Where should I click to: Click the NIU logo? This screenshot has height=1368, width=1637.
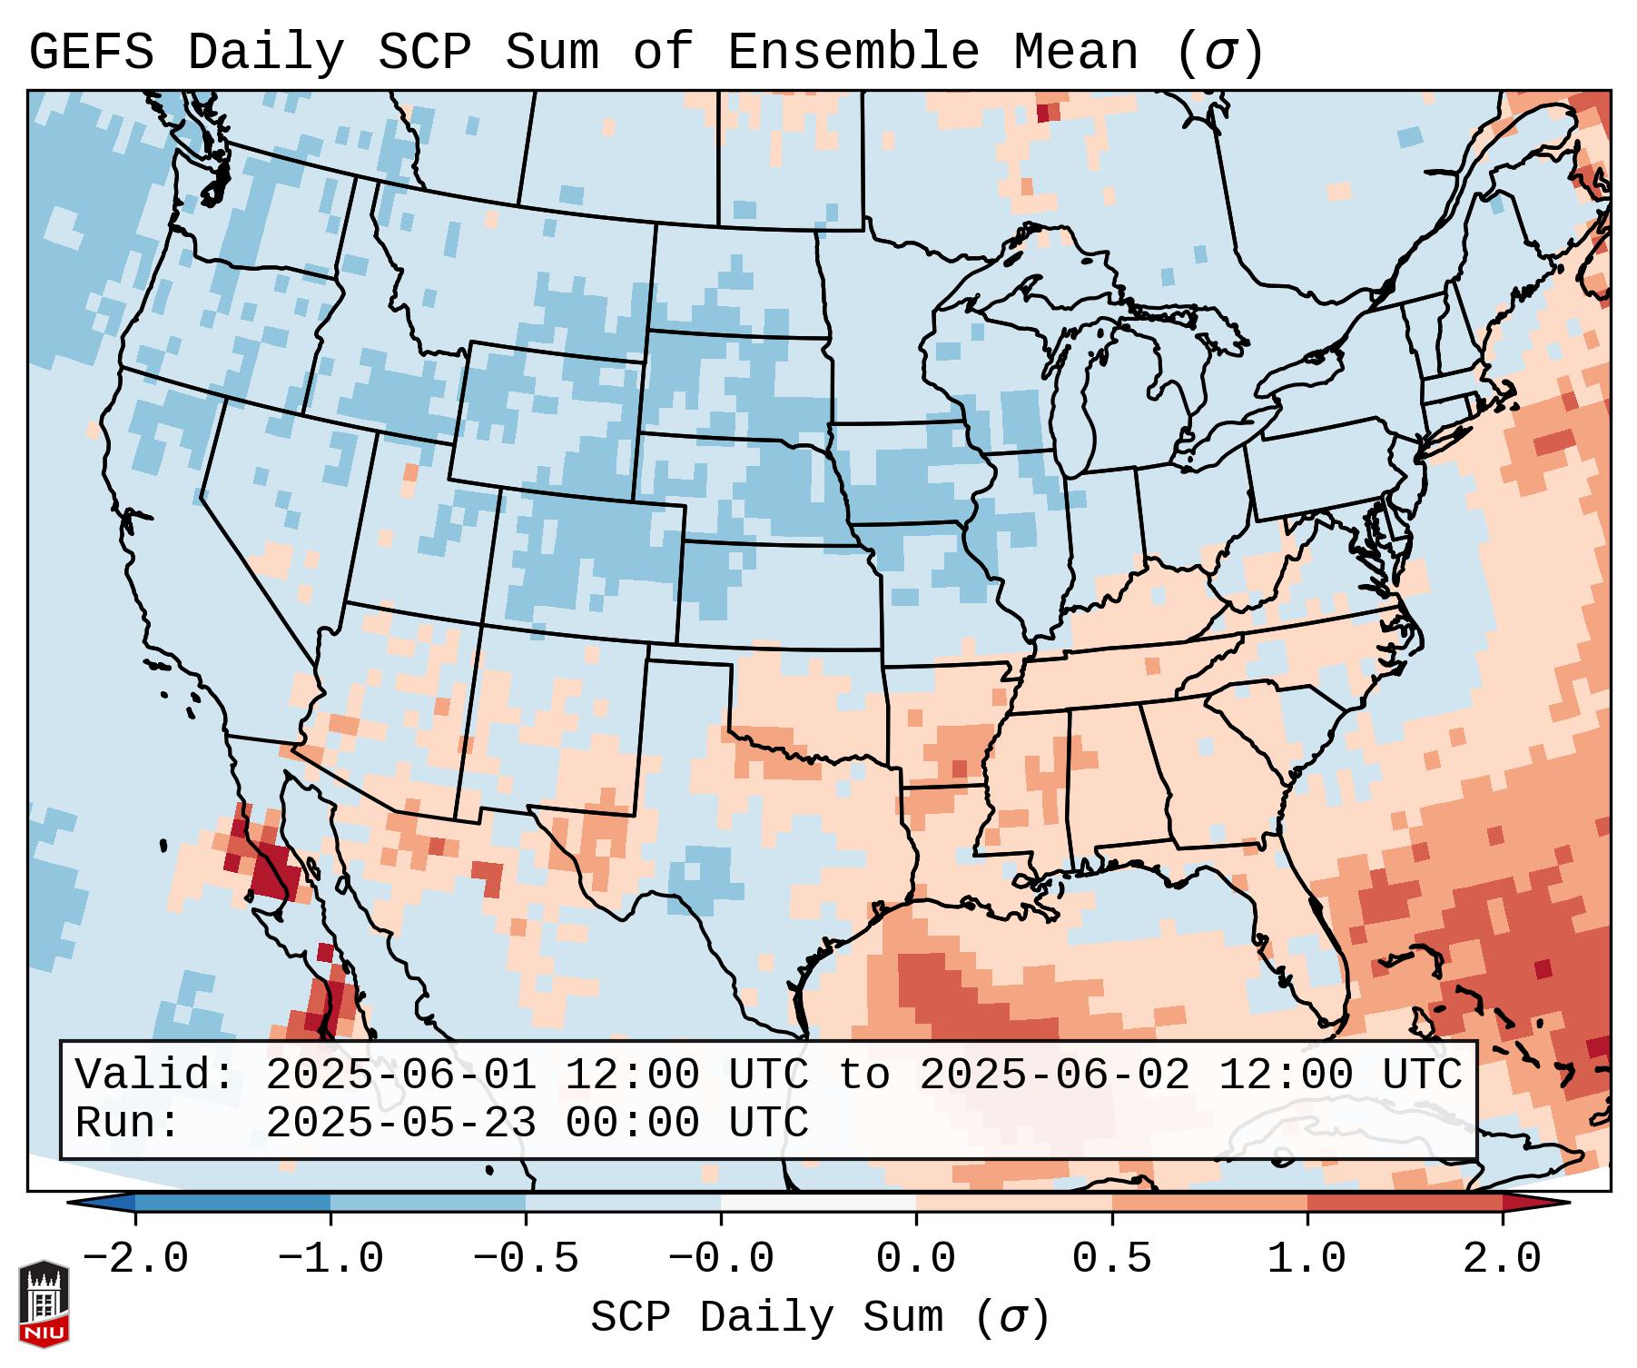44,1303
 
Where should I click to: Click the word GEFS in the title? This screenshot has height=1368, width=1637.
91,53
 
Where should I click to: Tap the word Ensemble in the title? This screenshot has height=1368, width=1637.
853,53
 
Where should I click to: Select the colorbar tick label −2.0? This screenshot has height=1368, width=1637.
135,1259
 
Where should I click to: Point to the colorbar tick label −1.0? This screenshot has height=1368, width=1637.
330,1259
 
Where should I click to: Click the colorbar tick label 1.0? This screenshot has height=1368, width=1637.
1307,1259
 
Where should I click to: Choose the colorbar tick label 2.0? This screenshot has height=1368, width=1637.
1502,1259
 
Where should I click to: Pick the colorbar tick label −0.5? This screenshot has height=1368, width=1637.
526,1259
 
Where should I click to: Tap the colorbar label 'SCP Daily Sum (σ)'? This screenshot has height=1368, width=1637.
820,1318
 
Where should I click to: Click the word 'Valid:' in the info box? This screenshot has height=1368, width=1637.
155,1075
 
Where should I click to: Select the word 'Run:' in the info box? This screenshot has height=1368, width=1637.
128,1123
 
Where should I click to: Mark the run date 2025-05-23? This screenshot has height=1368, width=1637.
400,1123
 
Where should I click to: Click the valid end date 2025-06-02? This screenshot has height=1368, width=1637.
1054,1075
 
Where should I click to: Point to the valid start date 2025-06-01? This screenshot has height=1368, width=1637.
400,1075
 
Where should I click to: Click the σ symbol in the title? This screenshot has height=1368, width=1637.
1219,53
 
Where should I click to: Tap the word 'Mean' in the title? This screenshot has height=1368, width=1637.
1075,53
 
